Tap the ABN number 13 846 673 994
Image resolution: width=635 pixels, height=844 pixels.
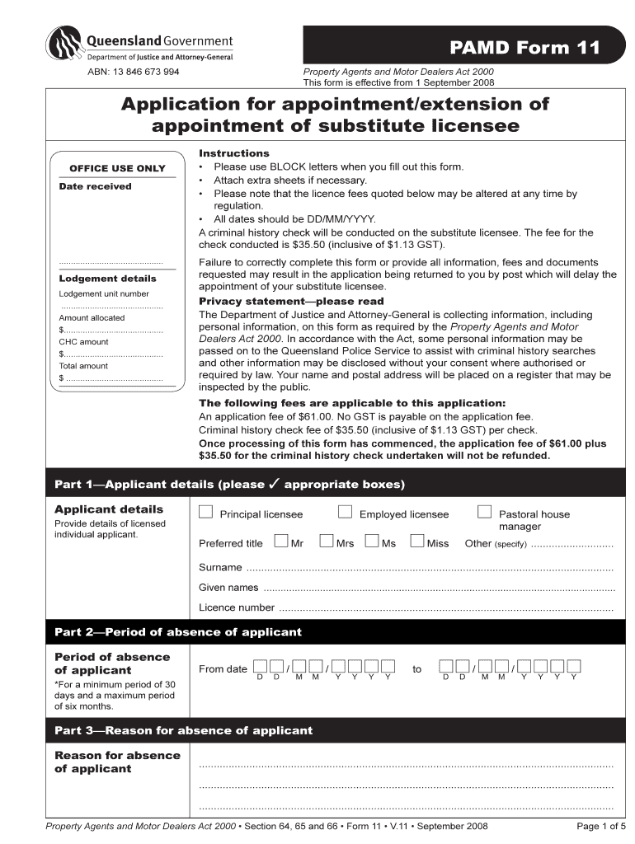tap(134, 72)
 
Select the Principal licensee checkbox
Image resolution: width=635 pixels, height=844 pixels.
tap(205, 513)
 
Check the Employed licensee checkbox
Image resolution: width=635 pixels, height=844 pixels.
tap(346, 513)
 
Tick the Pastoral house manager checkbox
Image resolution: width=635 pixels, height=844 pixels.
tap(485, 513)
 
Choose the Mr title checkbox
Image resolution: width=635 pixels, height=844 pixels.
tap(281, 542)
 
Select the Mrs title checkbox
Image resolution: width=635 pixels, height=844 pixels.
tap(326, 542)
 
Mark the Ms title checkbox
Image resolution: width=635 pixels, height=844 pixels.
tap(371, 542)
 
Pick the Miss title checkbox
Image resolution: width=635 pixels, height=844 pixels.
tap(416, 542)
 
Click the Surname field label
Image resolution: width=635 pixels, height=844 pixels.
tap(220, 568)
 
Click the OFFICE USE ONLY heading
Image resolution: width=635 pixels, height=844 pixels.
tap(117, 168)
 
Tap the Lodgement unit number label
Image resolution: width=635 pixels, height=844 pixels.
tap(104, 293)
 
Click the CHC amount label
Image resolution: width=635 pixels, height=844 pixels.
tap(83, 341)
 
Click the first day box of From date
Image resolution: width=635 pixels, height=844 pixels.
tap(261, 666)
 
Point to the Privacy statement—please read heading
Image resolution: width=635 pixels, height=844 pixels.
tap(291, 302)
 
